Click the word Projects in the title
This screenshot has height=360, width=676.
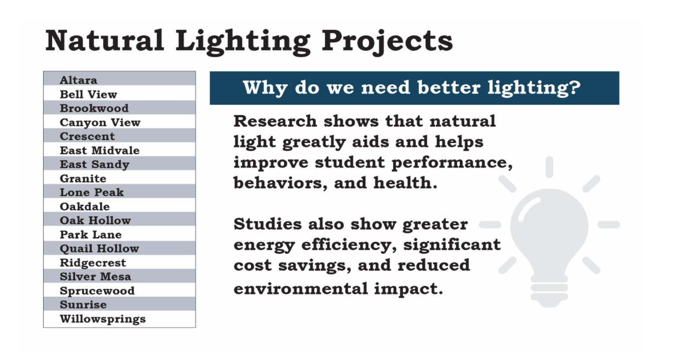387,41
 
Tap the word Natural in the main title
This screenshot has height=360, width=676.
105,40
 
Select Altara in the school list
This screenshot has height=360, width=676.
79,80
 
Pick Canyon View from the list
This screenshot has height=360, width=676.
100,122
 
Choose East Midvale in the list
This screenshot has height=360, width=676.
99,150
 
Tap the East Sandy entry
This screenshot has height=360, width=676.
94,165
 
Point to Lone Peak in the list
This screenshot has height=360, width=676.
92,192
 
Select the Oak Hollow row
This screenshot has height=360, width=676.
95,220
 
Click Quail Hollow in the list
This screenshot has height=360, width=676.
99,248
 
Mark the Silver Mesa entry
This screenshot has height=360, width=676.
95,277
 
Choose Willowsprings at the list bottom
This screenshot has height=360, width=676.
102,319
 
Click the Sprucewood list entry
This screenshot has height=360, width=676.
97,291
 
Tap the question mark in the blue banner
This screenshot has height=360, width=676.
575,87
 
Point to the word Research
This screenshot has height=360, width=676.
275,121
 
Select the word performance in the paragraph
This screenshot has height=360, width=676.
449,163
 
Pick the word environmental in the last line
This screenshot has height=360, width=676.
300,289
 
